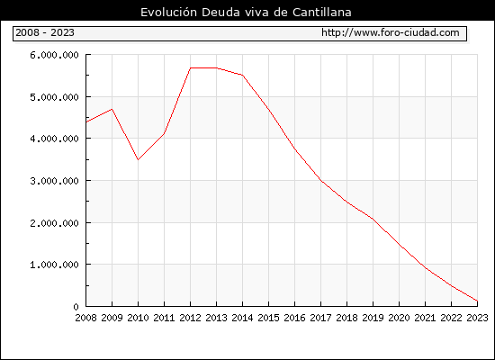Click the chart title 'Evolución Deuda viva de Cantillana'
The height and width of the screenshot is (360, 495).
[x=246, y=13]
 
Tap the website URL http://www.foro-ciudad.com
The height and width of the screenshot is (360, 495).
[x=391, y=32]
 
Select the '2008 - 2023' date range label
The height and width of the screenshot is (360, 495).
[x=45, y=32]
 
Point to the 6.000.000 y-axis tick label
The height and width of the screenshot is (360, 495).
[x=54, y=55]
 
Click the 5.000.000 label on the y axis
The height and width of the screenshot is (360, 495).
[x=54, y=97]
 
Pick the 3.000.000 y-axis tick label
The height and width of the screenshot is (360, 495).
[x=54, y=181]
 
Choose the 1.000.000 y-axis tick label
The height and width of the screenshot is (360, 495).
[x=54, y=265]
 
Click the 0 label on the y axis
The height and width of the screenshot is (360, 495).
[x=76, y=307]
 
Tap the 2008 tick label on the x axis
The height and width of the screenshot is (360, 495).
[x=85, y=318]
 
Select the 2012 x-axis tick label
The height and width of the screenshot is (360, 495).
[x=191, y=318]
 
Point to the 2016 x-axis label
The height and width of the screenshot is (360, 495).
[x=294, y=318]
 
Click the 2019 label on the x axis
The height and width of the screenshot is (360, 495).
[x=373, y=318]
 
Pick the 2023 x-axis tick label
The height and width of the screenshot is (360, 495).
[x=477, y=318]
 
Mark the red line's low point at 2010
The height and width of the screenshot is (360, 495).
[x=138, y=160]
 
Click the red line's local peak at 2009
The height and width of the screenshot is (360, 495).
[x=112, y=109]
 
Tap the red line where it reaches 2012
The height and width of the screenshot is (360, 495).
[x=191, y=67]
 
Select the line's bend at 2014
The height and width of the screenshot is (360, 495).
[x=242, y=76]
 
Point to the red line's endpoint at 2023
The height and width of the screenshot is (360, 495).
[x=477, y=301]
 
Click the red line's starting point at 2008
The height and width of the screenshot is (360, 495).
[x=86, y=121]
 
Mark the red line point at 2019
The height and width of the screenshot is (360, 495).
[x=373, y=219]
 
